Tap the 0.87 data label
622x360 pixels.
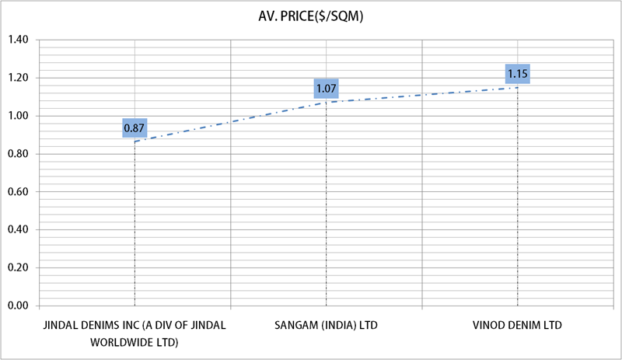coord(135,127)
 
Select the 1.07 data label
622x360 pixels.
coord(326,89)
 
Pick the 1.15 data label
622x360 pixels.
coord(518,75)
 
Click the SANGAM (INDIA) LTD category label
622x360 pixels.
coord(326,324)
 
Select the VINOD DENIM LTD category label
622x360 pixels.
coord(517,324)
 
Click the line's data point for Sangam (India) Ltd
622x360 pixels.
coord(326,102)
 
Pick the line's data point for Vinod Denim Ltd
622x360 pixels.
coord(518,87)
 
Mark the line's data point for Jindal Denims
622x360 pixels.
coord(135,141)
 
